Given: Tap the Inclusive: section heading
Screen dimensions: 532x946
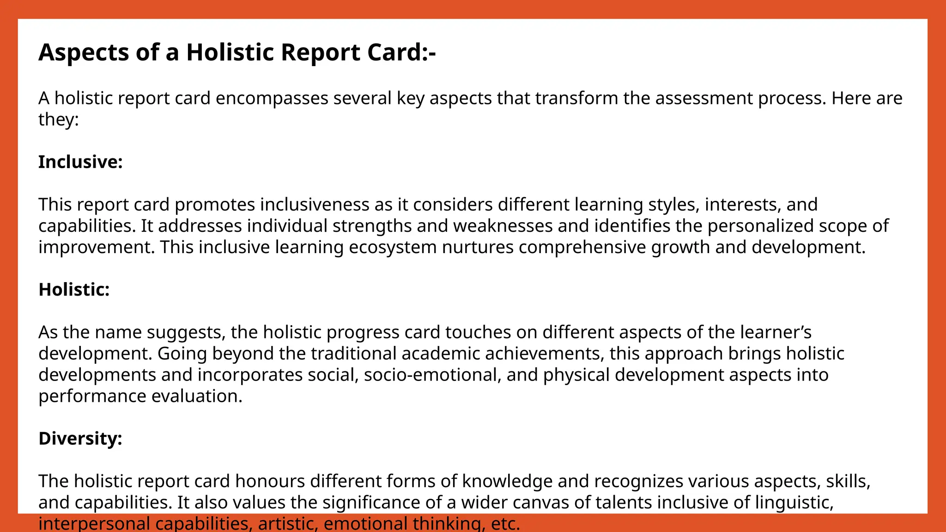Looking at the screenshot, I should (80, 162).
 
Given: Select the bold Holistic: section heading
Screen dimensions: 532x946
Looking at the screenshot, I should (74, 290).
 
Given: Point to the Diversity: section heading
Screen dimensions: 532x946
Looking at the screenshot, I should (80, 438).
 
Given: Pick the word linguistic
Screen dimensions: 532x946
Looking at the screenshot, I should (794, 502).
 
